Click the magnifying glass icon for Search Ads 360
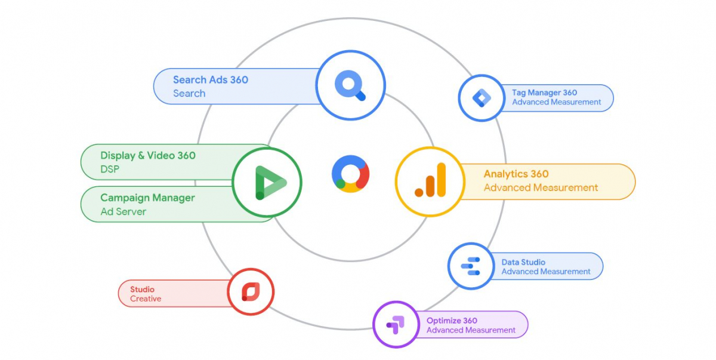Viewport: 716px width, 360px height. tap(350, 85)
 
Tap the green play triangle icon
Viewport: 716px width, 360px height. tap(267, 183)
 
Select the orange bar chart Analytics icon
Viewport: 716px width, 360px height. tap(431, 180)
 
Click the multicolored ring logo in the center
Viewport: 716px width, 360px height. tap(351, 174)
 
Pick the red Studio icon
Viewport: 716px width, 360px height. tap(251, 292)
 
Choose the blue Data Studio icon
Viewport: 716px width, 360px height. tap(471, 266)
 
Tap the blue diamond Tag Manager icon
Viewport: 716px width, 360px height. tap(481, 97)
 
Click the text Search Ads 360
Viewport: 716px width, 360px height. tap(211, 80)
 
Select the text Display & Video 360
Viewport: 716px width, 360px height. tap(148, 156)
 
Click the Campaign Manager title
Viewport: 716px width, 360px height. tap(147, 198)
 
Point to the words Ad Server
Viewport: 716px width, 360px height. tap(123, 211)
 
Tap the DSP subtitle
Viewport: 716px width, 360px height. tap(110, 170)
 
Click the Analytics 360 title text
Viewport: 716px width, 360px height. tap(516, 174)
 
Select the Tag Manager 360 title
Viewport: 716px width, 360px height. tap(544, 93)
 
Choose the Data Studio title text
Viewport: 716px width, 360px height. tap(523, 262)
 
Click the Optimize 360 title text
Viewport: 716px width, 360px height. tap(452, 321)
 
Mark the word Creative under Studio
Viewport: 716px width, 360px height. tap(146, 299)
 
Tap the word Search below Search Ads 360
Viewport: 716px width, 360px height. tap(189, 94)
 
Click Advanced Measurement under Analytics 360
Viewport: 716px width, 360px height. tap(541, 187)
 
